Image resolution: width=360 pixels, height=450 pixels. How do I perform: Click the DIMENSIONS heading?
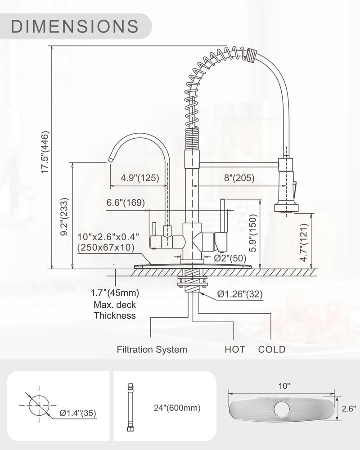coord(75,26)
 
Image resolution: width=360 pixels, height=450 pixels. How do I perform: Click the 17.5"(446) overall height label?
coord(45,152)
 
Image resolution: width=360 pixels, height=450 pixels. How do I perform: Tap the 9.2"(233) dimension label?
coord(65,217)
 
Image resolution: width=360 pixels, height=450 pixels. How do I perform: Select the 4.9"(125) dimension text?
coord(140,178)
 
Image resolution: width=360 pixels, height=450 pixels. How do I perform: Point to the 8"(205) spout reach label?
coord(239,178)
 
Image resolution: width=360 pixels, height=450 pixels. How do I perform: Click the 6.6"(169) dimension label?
coord(126,202)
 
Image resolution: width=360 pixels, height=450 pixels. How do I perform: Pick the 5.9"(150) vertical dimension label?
coord(252,233)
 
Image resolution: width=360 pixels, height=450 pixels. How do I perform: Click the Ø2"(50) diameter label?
coord(230,258)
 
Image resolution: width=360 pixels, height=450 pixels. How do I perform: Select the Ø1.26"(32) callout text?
coord(240,294)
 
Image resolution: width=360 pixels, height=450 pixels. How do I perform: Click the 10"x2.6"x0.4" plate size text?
coord(108,237)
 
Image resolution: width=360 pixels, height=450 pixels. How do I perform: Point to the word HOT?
coord(235,349)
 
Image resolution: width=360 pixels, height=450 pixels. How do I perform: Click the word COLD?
coord(272,349)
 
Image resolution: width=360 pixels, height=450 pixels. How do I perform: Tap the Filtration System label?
coord(152,349)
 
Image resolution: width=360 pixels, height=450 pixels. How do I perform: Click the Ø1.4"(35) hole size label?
coord(78,413)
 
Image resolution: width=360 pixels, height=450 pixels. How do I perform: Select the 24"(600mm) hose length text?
coord(177,408)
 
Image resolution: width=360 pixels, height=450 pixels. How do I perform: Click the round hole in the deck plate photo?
coord(282,409)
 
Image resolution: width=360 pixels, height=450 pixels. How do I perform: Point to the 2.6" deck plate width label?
coord(349,409)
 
